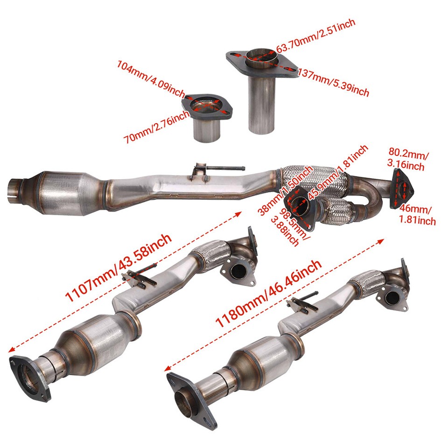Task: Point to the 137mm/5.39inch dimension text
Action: tap(333, 82)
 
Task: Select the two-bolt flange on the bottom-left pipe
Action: tap(29, 378)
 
